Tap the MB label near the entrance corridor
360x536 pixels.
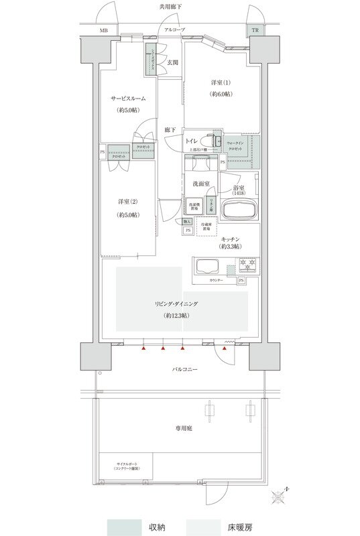point(104,31)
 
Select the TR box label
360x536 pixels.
point(255,31)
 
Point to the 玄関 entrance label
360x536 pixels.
point(172,62)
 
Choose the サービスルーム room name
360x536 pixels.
point(128,98)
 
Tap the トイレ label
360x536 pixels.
point(191,141)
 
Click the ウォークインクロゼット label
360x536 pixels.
point(235,147)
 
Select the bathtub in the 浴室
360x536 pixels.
point(239,209)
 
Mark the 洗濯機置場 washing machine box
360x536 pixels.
point(194,206)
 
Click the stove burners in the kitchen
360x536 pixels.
point(248,266)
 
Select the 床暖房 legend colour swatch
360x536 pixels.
point(205,527)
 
